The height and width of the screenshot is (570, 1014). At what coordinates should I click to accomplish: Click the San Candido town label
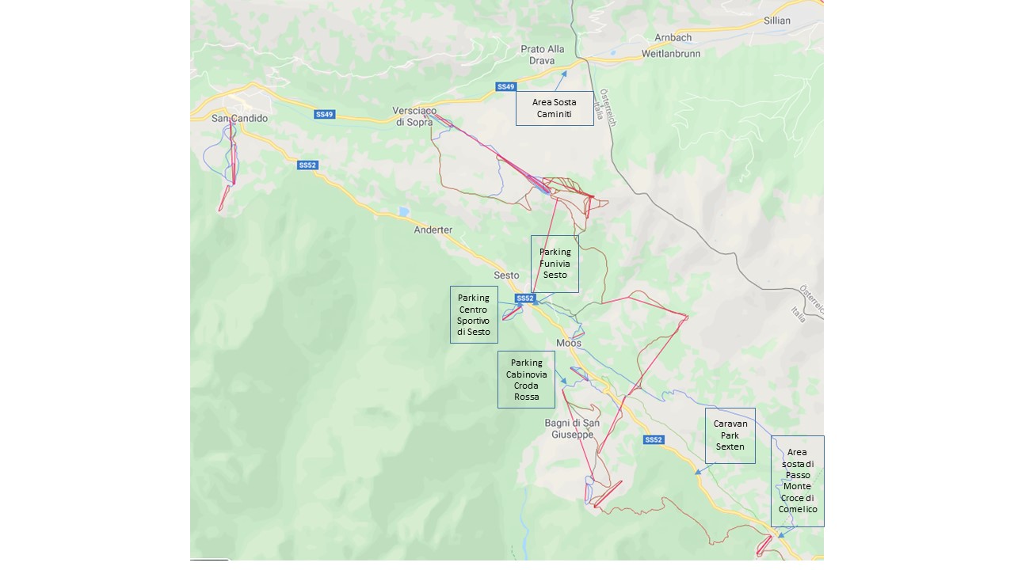239,119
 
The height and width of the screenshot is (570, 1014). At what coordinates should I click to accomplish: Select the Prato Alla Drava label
543,55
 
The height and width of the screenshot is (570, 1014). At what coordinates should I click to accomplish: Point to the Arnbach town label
673,38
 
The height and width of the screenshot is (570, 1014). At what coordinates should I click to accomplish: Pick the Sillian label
776,21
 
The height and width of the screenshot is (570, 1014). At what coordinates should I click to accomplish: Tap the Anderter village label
433,230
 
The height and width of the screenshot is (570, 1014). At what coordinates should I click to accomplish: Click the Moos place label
569,344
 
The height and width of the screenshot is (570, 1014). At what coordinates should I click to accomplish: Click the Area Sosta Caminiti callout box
555,108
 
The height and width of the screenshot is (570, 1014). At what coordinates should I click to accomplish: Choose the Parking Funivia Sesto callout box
555,264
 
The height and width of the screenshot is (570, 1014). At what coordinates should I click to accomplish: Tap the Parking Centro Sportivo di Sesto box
474,314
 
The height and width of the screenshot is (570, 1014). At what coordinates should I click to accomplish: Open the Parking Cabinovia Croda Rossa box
526,379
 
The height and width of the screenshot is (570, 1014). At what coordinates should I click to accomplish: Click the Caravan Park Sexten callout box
730,435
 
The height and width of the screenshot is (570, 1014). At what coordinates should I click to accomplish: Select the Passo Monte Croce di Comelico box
797,481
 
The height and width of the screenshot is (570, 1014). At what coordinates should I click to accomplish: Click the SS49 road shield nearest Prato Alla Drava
505,86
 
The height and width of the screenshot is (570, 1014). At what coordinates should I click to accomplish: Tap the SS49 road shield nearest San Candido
324,115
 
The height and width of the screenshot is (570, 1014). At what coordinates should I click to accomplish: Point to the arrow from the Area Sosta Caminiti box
560,81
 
